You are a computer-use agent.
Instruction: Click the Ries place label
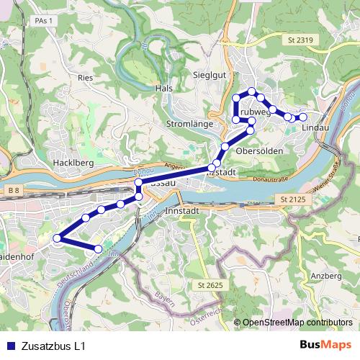(x=85, y=75)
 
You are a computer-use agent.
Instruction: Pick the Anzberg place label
(x=325, y=276)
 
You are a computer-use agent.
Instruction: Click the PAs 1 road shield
(x=45, y=22)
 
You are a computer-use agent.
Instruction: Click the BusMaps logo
(x=325, y=345)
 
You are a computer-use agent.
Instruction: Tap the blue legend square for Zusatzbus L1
(x=9, y=346)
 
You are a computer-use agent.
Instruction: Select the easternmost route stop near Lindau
(x=303, y=117)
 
